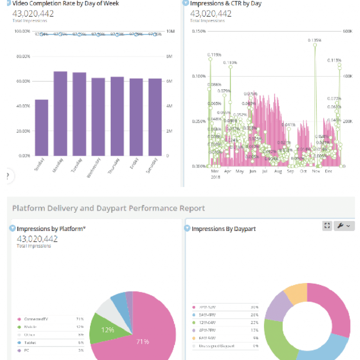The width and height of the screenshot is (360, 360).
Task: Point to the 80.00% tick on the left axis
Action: (22, 56)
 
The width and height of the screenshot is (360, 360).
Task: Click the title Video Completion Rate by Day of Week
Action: (66, 4)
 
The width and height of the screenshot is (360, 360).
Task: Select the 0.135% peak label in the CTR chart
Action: (314, 40)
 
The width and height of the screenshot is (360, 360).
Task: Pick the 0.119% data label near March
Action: (214, 54)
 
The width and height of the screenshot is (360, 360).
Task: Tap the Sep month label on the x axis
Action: (290, 171)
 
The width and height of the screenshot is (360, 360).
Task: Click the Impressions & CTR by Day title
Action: (226, 4)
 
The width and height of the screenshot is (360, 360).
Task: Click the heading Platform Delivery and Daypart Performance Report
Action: (108, 208)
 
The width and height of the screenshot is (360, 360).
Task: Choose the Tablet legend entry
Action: (30, 342)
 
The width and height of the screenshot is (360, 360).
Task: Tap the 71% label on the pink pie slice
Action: (143, 341)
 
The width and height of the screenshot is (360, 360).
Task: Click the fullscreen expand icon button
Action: (327, 226)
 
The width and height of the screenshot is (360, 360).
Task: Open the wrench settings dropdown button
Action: (343, 226)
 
